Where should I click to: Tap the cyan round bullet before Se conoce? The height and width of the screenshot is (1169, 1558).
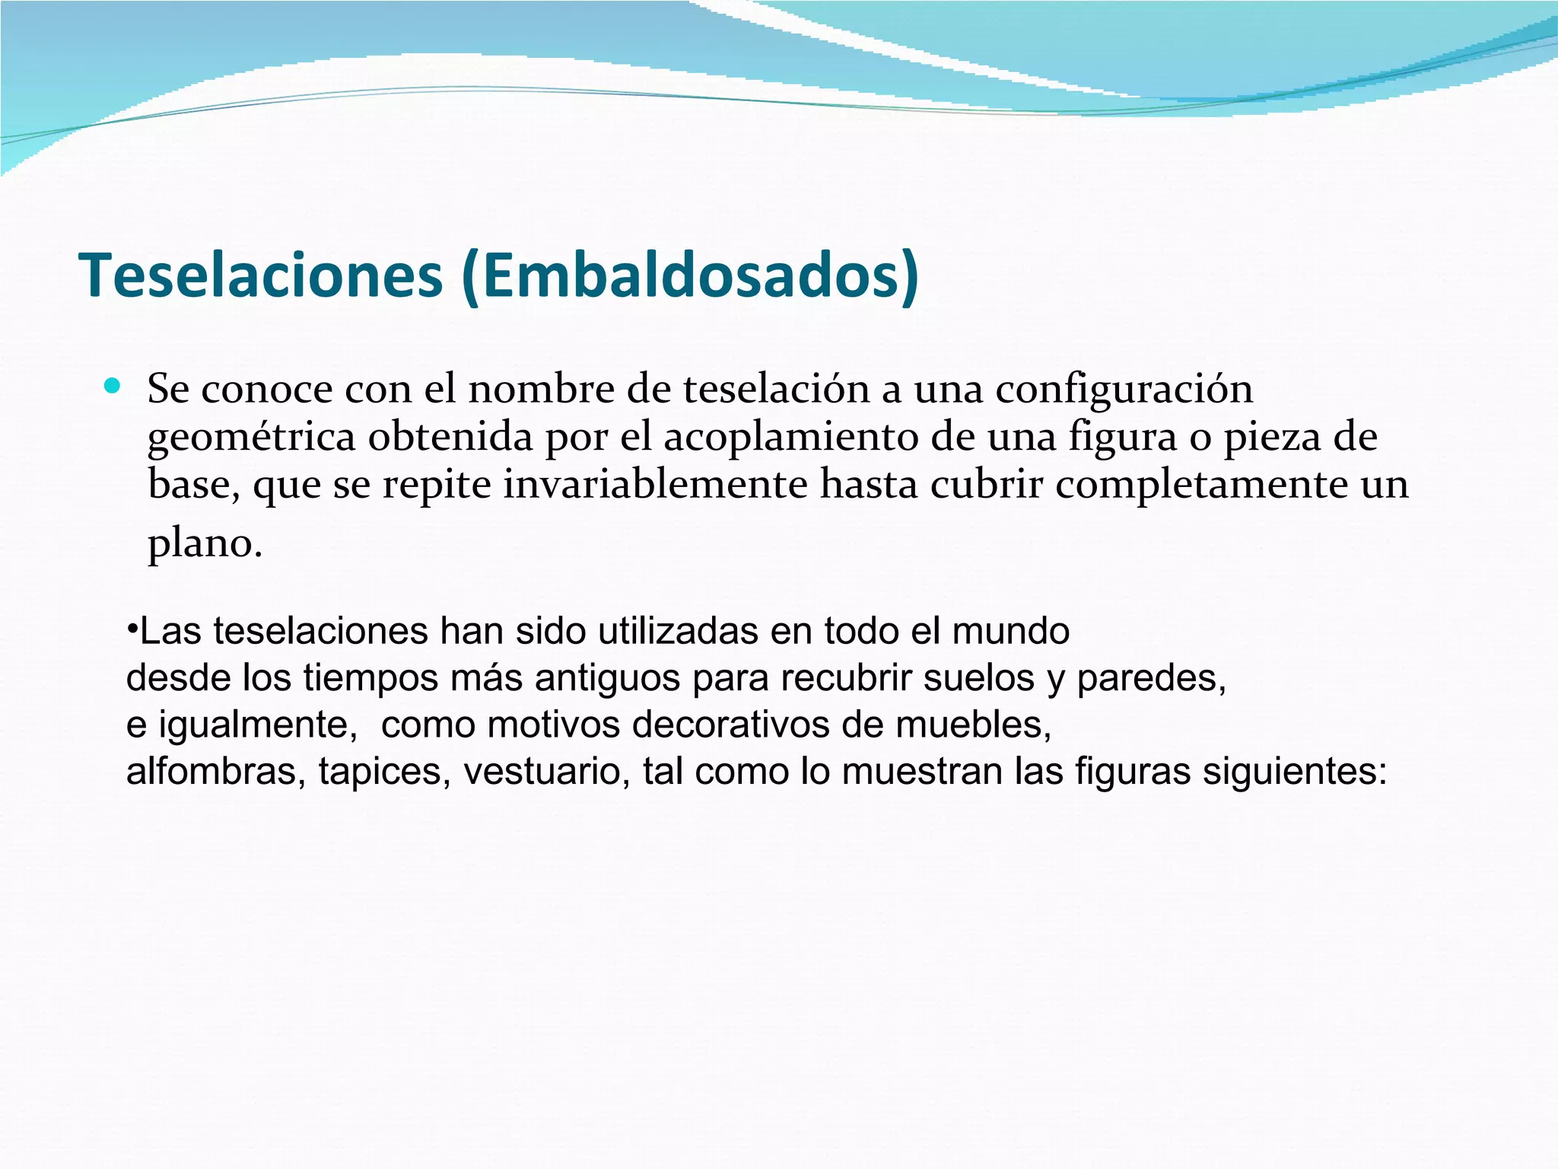(x=112, y=386)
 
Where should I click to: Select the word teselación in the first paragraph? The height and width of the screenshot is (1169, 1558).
(x=776, y=389)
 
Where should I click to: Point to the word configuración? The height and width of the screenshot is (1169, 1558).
(x=1124, y=389)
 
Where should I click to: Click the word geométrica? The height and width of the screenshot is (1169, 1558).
(x=251, y=438)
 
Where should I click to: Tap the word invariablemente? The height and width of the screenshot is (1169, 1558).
(x=654, y=485)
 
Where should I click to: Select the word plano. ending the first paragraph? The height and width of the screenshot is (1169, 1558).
(x=205, y=543)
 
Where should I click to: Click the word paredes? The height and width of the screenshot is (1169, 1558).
(x=1151, y=677)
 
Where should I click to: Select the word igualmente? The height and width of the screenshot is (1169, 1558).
(x=258, y=725)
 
